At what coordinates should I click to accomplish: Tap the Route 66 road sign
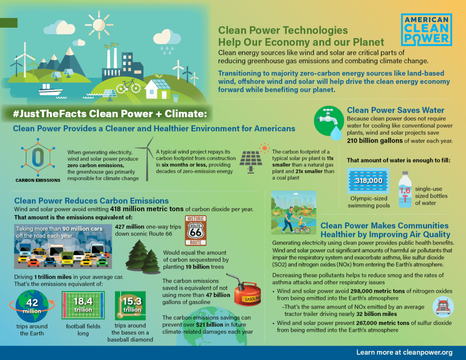click(x=196, y=230)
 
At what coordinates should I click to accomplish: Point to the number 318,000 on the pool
click(x=369, y=181)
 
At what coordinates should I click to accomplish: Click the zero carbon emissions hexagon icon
click(x=38, y=157)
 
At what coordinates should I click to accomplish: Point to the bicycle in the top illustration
click(x=128, y=86)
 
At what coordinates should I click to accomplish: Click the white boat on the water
click(x=51, y=90)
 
